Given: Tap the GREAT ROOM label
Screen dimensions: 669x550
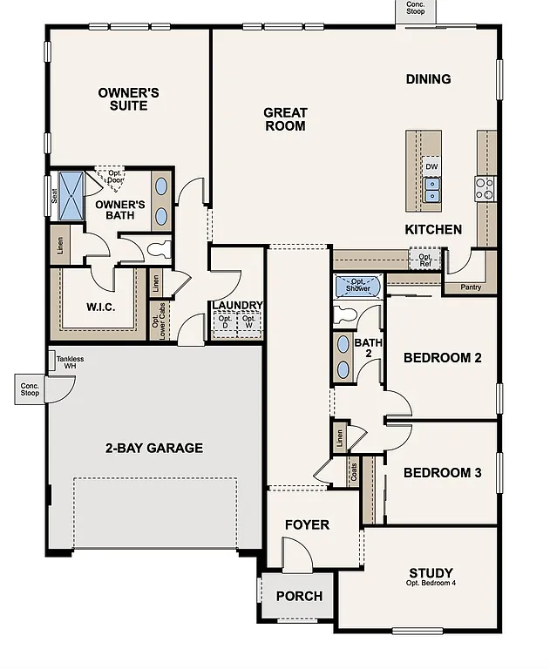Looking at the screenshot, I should coord(285,118).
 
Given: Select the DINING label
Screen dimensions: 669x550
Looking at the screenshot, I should coord(428,79).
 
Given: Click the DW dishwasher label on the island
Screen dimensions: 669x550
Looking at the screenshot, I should coord(431,166).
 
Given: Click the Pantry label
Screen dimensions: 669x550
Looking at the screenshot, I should coord(470,286).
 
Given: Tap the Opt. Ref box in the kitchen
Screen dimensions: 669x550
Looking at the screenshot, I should coord(424,258).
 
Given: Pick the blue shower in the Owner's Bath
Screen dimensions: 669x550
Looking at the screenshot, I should coord(70,186).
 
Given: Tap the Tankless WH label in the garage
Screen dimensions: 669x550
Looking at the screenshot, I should coord(71,362).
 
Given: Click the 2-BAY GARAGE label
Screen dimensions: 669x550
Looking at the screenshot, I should coord(154,449).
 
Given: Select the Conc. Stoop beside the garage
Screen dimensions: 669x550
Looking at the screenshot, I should coord(30,389).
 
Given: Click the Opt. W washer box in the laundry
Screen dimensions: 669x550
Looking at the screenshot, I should coord(248,323).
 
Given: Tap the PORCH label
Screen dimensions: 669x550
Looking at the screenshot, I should coord(299,597).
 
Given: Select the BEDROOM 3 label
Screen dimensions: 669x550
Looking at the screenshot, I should coord(442,473).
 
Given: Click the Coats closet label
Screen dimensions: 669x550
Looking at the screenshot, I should coord(354,473).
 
